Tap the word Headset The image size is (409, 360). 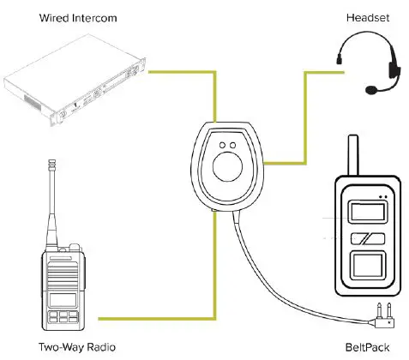coord(346,17)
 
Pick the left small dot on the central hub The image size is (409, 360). coord(223,144)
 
